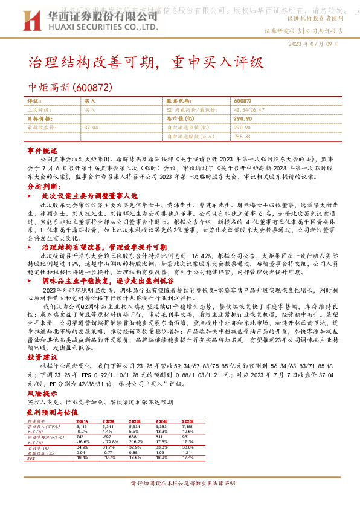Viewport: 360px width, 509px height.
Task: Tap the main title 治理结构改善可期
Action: click(91, 62)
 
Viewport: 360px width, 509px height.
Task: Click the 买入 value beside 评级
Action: click(90, 102)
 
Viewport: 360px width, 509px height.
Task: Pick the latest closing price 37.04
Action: click(92, 128)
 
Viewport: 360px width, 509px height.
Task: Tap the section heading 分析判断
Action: click(42, 187)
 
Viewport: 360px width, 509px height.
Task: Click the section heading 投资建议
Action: click(42, 358)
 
